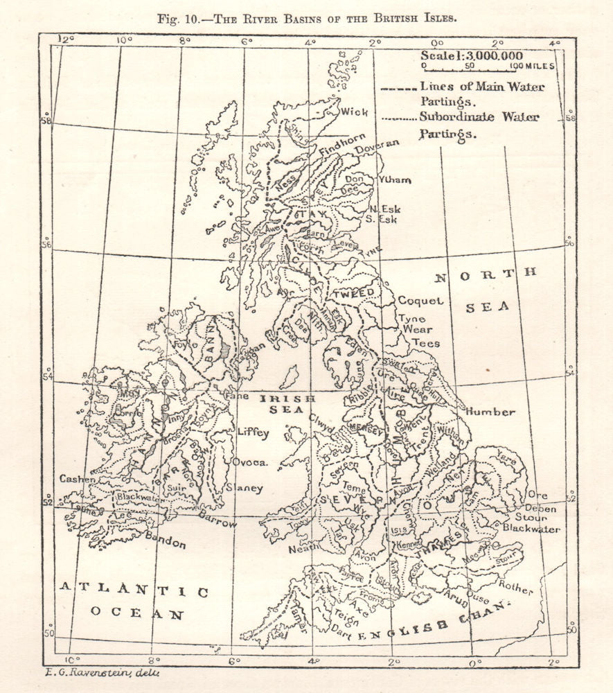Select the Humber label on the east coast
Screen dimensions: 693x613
pyautogui.click(x=490, y=412)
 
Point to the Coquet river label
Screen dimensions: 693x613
pyautogui.click(x=420, y=301)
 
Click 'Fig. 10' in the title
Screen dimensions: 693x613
pyautogui.click(x=181, y=18)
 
